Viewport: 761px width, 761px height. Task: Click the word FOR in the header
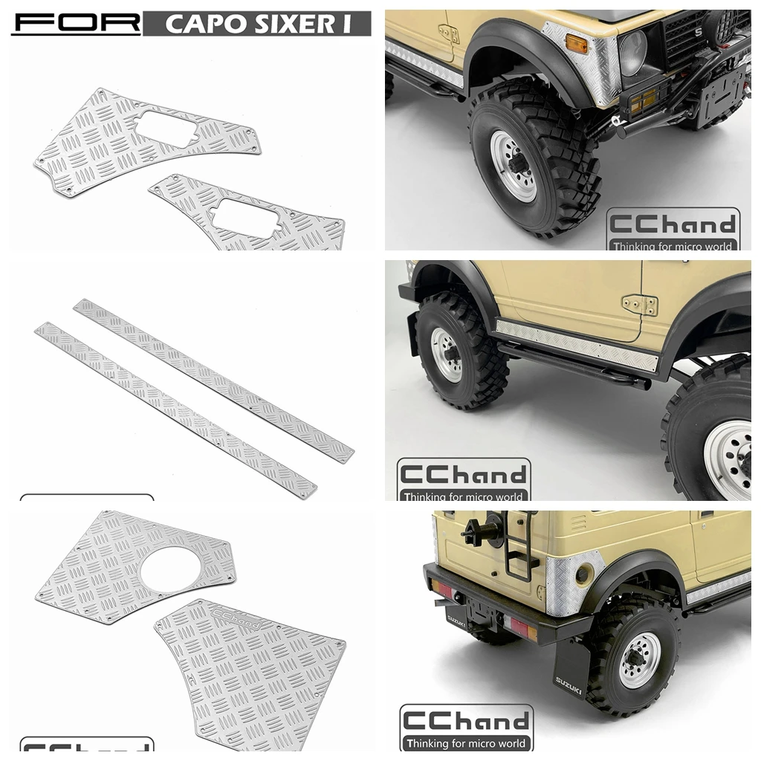(75, 23)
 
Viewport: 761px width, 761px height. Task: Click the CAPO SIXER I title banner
(257, 24)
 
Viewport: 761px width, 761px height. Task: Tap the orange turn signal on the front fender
(576, 45)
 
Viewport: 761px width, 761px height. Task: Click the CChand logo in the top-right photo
(672, 231)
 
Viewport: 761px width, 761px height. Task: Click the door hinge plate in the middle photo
(640, 305)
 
